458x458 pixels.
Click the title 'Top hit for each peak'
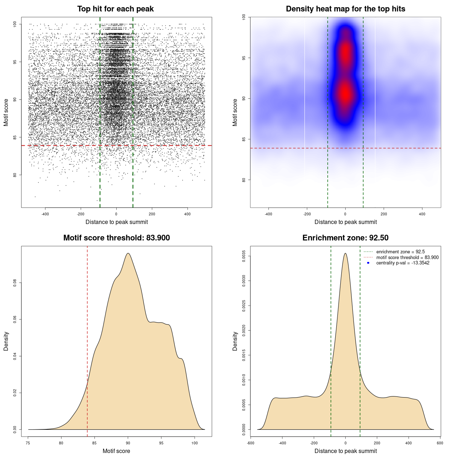(116, 9)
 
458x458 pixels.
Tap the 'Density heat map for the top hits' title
(345, 9)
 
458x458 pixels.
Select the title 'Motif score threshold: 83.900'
(116, 238)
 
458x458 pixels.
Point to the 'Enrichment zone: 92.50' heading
(345, 238)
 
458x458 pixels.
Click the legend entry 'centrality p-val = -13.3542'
(403, 263)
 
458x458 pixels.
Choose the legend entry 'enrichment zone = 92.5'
(400, 252)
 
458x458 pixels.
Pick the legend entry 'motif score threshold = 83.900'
(407, 258)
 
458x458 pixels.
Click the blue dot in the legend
(368, 263)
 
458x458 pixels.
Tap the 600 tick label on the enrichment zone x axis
(440, 443)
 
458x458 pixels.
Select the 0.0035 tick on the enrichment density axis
(244, 256)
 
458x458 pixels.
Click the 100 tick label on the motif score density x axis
(194, 443)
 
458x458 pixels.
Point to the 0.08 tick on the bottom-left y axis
(15, 283)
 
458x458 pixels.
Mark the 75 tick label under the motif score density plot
(28, 443)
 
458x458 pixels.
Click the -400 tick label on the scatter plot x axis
(45, 214)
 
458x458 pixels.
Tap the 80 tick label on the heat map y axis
(244, 180)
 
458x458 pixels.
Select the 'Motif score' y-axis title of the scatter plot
(6, 113)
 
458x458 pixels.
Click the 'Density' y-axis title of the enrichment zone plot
(235, 341)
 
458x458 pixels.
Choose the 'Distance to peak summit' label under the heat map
(345, 222)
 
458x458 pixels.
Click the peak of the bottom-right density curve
(345, 254)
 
